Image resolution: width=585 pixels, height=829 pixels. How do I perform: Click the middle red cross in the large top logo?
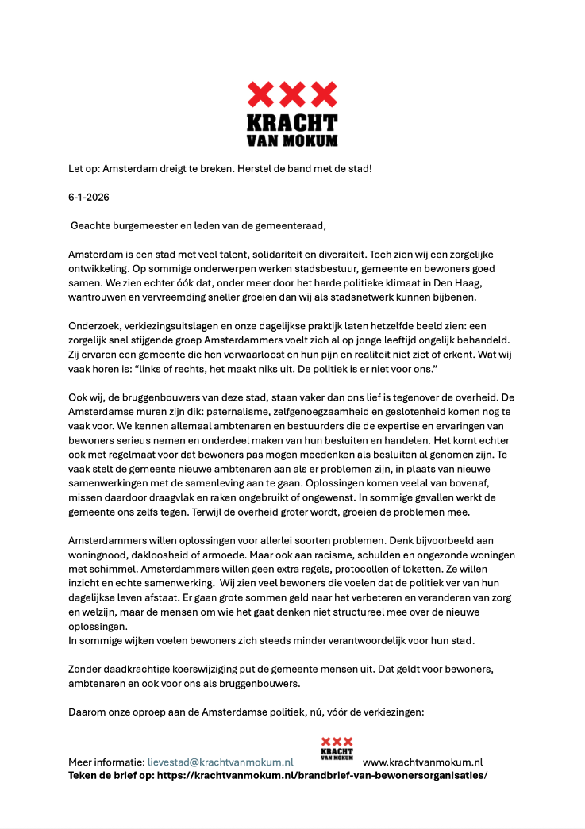click(292, 95)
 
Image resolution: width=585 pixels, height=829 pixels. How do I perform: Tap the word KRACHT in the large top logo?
click(292, 124)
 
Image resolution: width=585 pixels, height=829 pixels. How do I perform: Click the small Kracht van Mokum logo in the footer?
click(337, 748)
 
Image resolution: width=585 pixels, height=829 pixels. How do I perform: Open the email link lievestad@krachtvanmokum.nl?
click(220, 762)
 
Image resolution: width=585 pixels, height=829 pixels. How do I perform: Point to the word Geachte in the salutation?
click(91, 225)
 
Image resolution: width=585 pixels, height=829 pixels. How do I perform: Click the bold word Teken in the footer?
click(85, 774)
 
